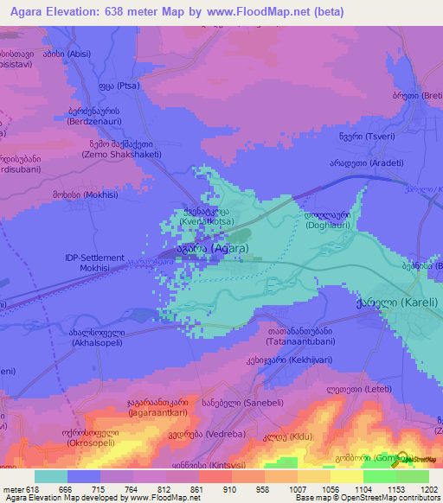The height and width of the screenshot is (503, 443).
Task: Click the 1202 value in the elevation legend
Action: (428, 490)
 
